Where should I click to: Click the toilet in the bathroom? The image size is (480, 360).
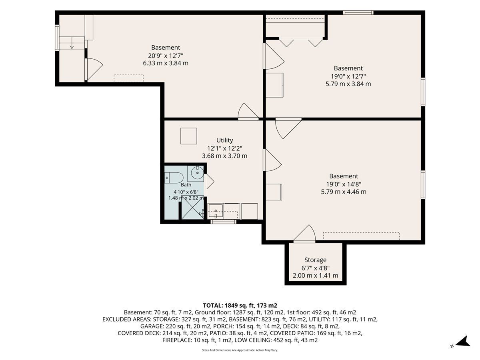(x=174, y=178)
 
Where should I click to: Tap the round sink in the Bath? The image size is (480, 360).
(x=197, y=173)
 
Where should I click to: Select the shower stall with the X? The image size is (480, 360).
(x=192, y=208)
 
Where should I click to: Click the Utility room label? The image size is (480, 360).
(x=224, y=140)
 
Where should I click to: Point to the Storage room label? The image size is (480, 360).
(x=315, y=260)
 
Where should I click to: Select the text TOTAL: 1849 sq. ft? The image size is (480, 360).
(x=228, y=305)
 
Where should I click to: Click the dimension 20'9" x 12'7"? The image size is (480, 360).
(x=166, y=56)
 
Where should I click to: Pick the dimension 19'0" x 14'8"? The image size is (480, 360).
(x=344, y=184)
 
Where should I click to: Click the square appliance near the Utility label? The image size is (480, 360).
(x=188, y=136)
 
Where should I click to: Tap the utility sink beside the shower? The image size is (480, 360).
(x=215, y=211)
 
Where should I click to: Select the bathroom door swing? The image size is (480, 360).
(x=209, y=181)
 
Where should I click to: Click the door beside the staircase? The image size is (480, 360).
(x=94, y=69)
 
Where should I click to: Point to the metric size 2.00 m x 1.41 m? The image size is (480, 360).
(x=315, y=275)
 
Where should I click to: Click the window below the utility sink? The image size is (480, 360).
(x=223, y=222)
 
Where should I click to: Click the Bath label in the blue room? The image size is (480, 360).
(x=186, y=185)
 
